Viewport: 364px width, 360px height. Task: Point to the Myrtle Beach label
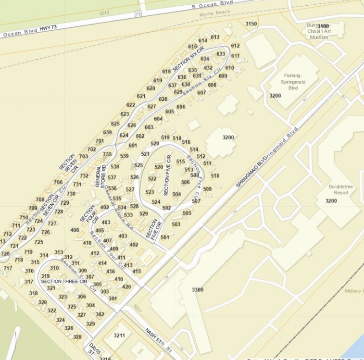coord(215,14)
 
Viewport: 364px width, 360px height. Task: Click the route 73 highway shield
coord(138,14)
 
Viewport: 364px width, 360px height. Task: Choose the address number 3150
coord(251,24)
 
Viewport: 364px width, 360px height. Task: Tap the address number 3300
coord(198,290)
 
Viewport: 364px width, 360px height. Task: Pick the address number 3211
coord(120,335)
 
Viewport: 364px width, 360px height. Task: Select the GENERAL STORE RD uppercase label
coord(100,176)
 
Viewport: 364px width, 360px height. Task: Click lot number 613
coord(215,37)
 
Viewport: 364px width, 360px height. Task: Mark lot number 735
coord(107,154)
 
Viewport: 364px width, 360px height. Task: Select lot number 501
coord(165,237)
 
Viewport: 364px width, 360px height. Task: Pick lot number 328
coord(77,337)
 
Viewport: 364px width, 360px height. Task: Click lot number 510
coord(215,176)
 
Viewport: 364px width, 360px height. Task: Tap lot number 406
coord(75,230)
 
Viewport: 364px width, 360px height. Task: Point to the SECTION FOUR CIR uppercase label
coord(88,214)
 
